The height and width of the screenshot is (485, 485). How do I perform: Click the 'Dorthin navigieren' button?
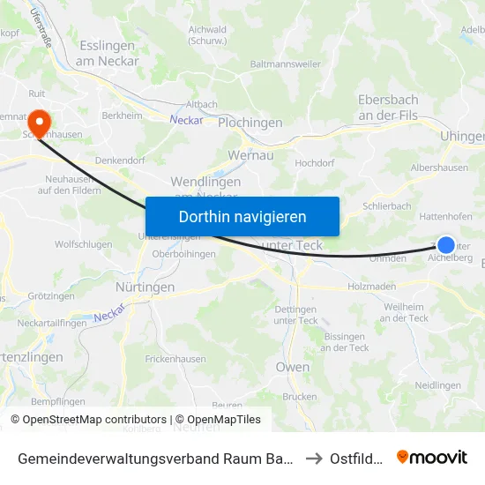click(x=242, y=216)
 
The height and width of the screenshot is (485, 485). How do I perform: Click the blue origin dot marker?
click(x=446, y=245)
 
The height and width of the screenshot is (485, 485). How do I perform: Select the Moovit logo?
click(x=432, y=457)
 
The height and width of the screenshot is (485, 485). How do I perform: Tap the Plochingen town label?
click(x=250, y=123)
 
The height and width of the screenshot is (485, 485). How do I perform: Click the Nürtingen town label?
click(x=145, y=287)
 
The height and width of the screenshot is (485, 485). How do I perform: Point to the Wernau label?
click(x=251, y=154)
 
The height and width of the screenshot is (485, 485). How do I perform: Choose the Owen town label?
click(x=293, y=367)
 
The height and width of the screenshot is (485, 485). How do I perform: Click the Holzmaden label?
click(x=374, y=286)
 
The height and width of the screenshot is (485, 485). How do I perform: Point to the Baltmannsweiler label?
click(x=285, y=64)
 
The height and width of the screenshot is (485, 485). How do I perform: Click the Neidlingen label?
click(x=438, y=385)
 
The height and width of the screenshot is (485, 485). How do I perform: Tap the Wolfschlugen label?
click(x=83, y=244)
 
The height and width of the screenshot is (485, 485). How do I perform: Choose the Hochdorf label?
click(x=315, y=163)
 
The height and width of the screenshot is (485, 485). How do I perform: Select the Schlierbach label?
click(x=387, y=205)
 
